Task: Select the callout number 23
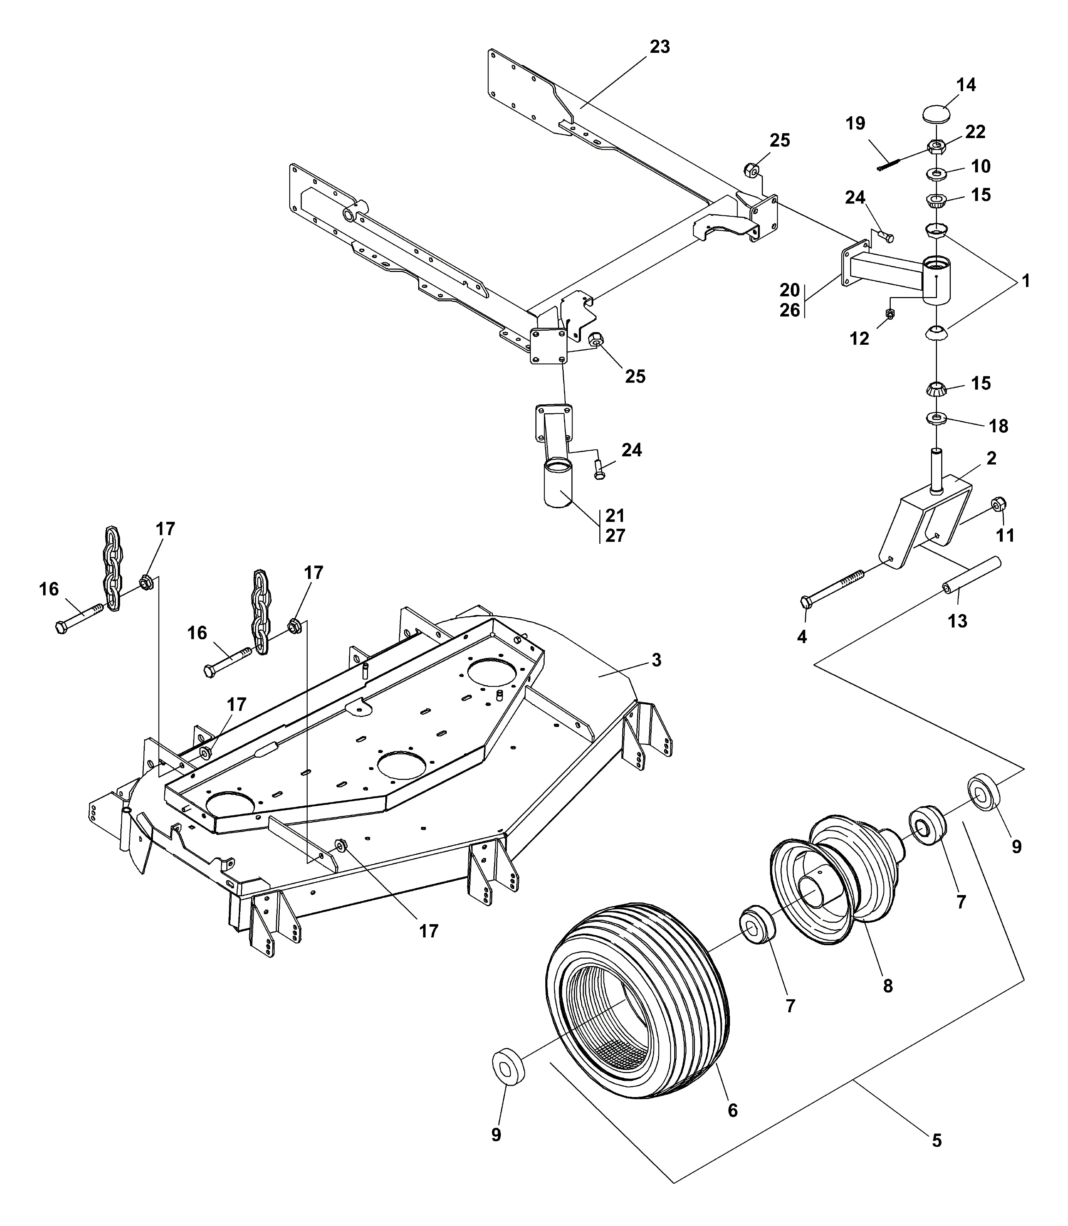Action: [x=660, y=47]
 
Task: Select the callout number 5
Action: [x=936, y=1141]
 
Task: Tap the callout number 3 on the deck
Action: [x=656, y=660]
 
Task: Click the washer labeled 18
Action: [x=937, y=419]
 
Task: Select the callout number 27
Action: [x=616, y=535]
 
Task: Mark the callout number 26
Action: [x=790, y=310]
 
